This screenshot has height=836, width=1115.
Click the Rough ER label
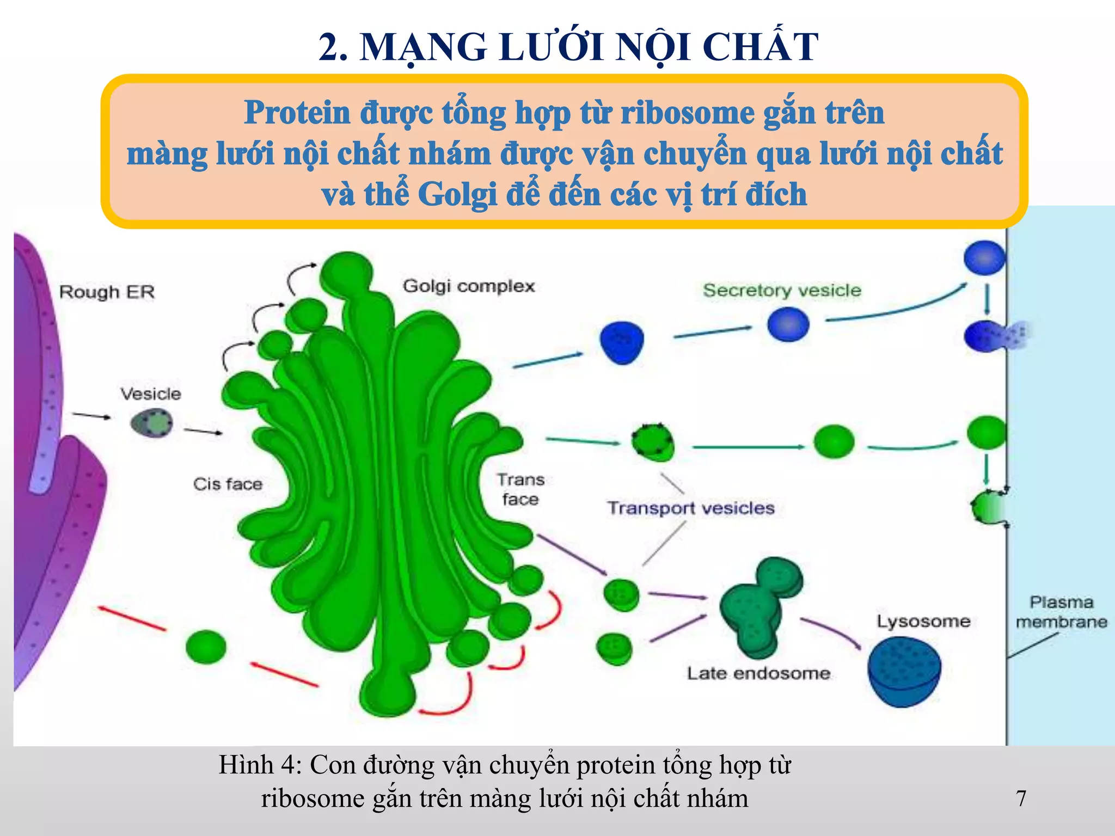click(x=107, y=292)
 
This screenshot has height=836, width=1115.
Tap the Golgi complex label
click(x=469, y=286)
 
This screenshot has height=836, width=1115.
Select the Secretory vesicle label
click(x=782, y=290)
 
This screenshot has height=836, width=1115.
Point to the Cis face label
click(x=228, y=484)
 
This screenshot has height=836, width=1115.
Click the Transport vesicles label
click(x=691, y=508)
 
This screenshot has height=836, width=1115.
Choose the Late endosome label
click(x=758, y=673)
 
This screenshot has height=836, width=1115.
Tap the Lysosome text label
click(x=923, y=621)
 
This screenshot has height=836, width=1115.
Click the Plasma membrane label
click(x=1061, y=612)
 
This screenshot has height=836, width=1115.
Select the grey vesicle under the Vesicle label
click(x=152, y=423)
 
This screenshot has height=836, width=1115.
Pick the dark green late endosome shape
click(x=759, y=604)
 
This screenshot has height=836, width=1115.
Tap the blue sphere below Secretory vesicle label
click(x=788, y=324)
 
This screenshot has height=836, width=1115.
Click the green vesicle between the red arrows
click(x=206, y=647)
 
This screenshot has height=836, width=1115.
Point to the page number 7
click(x=1021, y=798)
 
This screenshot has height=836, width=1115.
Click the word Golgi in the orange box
click(x=457, y=194)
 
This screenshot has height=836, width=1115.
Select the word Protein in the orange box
click(x=297, y=113)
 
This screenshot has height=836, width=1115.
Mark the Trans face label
click(x=520, y=489)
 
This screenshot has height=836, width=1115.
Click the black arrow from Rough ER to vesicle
click(x=91, y=416)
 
